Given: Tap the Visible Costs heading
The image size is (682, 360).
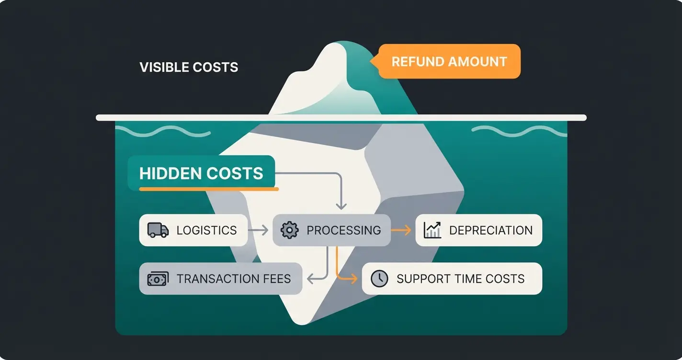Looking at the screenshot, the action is point(189,67).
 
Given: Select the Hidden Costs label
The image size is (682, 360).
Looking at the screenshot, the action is point(201,173).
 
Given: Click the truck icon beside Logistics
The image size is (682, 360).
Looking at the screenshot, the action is point(158,230).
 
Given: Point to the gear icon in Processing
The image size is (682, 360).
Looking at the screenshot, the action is point(290,230).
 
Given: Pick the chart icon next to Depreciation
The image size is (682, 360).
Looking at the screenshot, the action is point(432,230).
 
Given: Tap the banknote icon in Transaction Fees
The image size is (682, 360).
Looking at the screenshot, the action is point(158,279).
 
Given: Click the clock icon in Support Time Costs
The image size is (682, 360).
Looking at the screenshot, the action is point(379,279).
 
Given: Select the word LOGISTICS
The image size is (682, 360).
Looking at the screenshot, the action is point(207,230).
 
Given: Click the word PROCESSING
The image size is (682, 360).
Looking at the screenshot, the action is point(344,230).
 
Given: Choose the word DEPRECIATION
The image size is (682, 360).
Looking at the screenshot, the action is point(491,230).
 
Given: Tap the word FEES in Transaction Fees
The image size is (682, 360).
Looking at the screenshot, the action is point(276,279).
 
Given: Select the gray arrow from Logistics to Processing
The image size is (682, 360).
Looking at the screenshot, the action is point(258,230).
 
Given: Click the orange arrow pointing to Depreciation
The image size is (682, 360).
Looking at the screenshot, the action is point(401,230).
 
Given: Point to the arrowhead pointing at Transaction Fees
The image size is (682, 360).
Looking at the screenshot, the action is point(310,279).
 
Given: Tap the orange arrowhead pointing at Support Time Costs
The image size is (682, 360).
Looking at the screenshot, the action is point(354,279).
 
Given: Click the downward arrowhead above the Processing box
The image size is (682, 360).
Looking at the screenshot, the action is point(341,206).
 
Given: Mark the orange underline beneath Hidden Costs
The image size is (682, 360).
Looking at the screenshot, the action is point(209,189).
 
